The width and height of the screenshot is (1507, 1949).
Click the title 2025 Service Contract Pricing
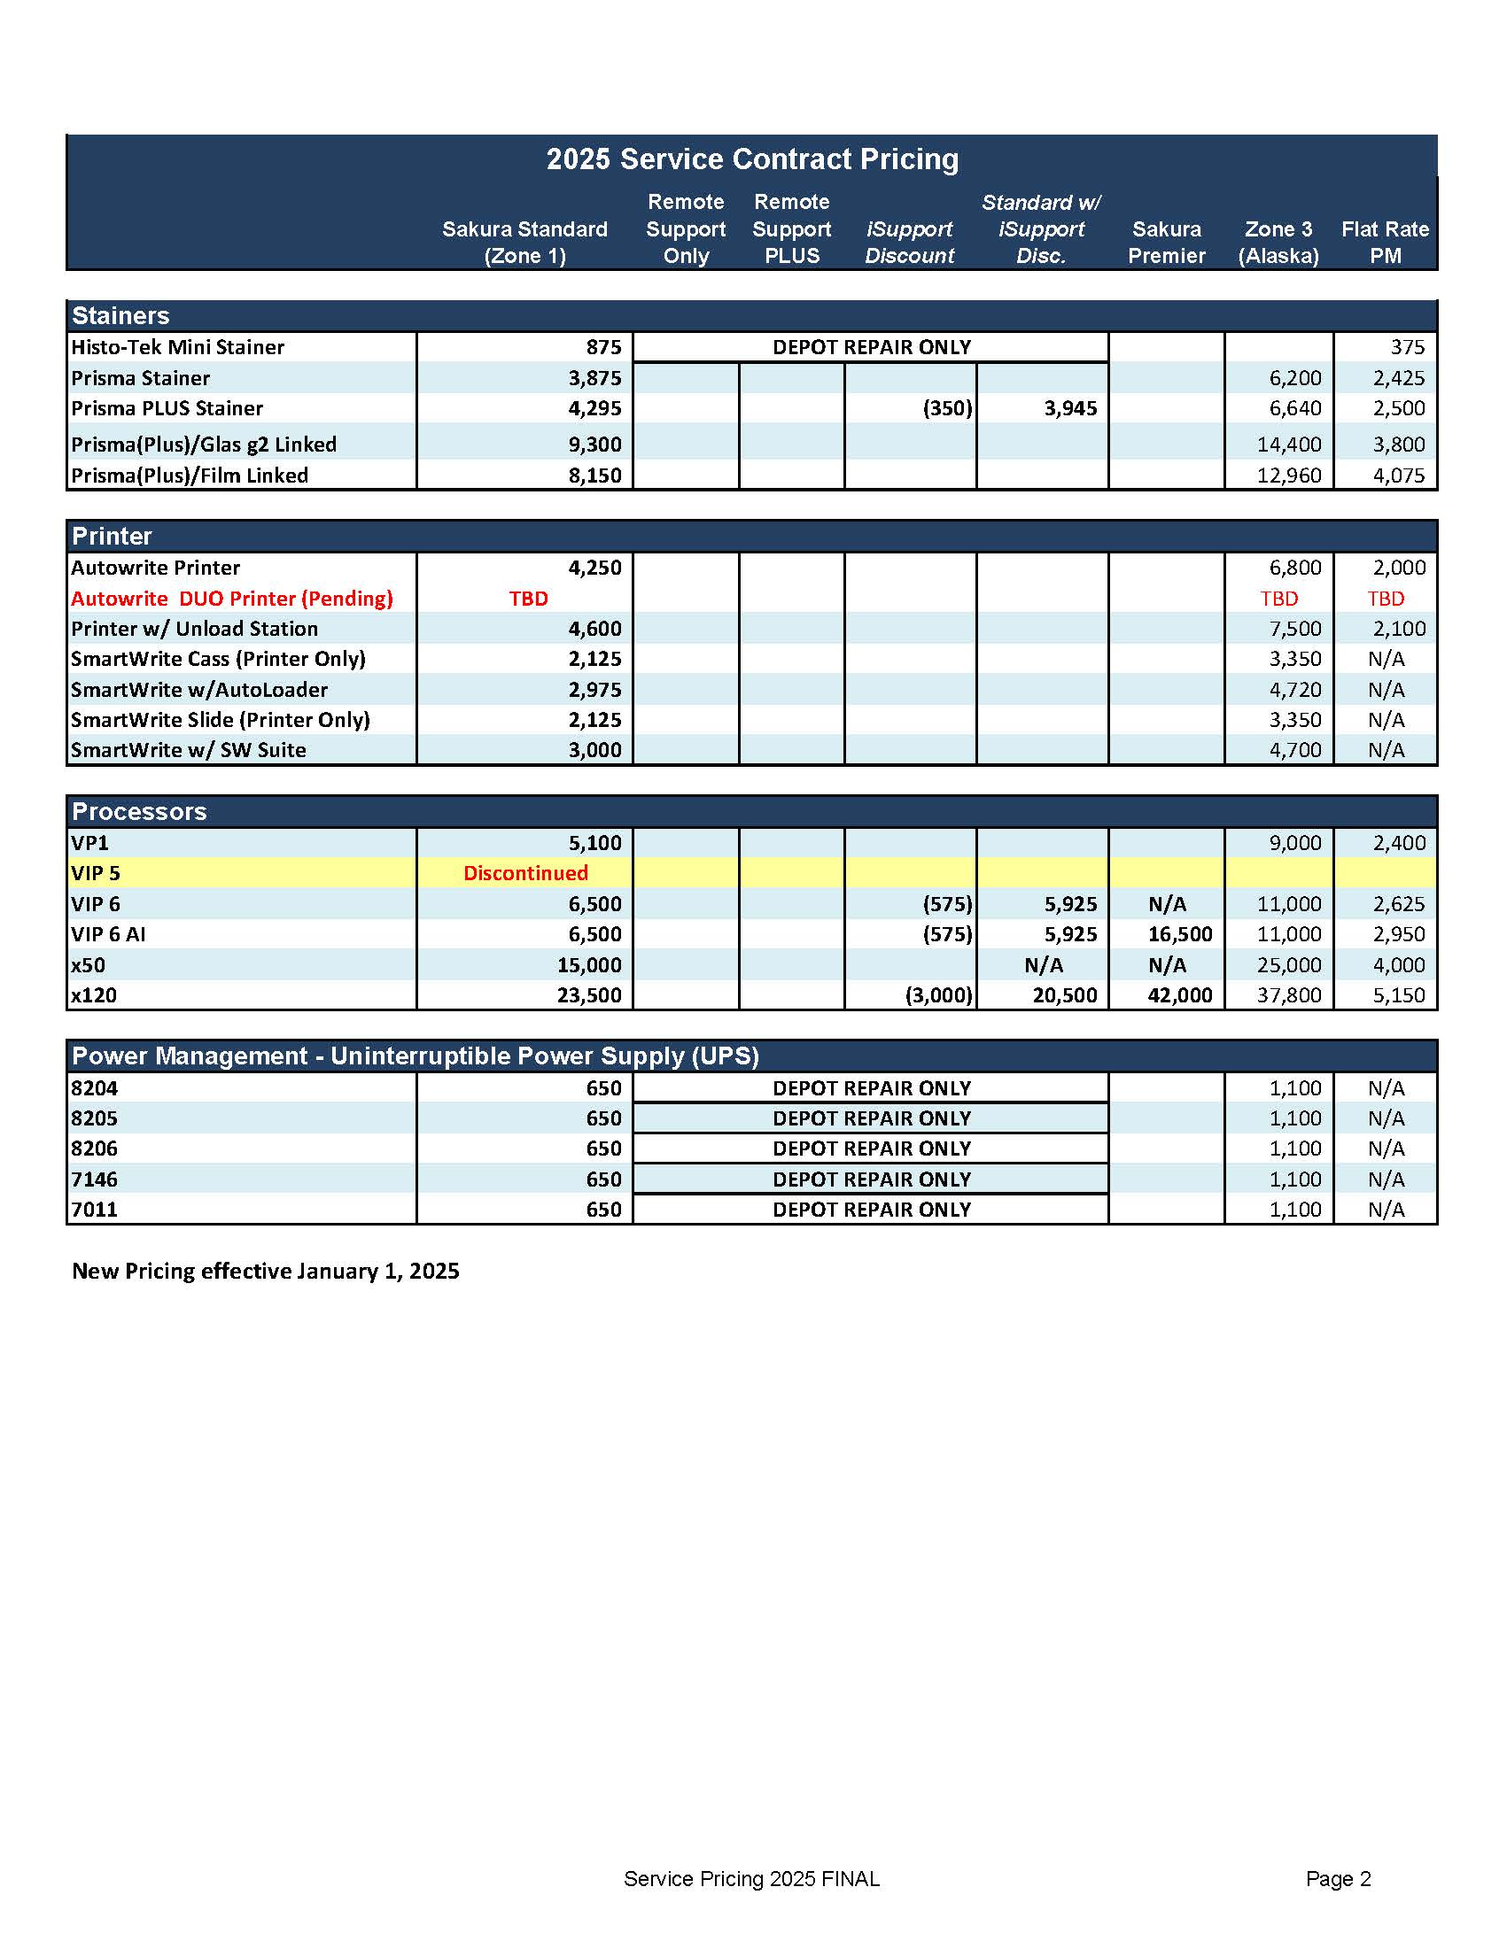coord(751,159)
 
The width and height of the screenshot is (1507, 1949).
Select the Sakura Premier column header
coord(1166,242)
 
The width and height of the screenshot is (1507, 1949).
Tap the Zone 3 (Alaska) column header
coord(1278,242)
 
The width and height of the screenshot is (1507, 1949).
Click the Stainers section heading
coord(120,315)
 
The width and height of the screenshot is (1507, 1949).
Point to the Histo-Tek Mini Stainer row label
coord(178,347)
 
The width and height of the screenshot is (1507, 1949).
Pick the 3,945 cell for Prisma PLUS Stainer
coord(1070,409)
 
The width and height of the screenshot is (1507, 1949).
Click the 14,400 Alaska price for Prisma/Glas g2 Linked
coord(1288,445)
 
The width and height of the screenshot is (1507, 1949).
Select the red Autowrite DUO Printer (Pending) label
coord(232,599)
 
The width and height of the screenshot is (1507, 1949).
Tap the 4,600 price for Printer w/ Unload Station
coord(594,629)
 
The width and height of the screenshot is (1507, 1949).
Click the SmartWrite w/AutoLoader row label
coord(199,690)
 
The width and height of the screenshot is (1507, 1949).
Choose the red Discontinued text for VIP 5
coord(525,873)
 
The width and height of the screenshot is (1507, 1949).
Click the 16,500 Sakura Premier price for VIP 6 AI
coord(1179,934)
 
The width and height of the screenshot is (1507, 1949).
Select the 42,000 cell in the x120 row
coord(1179,995)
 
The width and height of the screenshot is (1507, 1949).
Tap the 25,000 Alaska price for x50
coord(1288,964)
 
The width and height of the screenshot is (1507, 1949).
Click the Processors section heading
coord(139,811)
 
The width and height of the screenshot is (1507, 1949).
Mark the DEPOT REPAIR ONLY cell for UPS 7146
coord(872,1179)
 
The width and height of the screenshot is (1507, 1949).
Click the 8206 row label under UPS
coord(95,1149)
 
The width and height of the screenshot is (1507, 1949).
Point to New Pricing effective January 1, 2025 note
coord(265,1271)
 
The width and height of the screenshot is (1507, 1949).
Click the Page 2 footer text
coord(1338,1878)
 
